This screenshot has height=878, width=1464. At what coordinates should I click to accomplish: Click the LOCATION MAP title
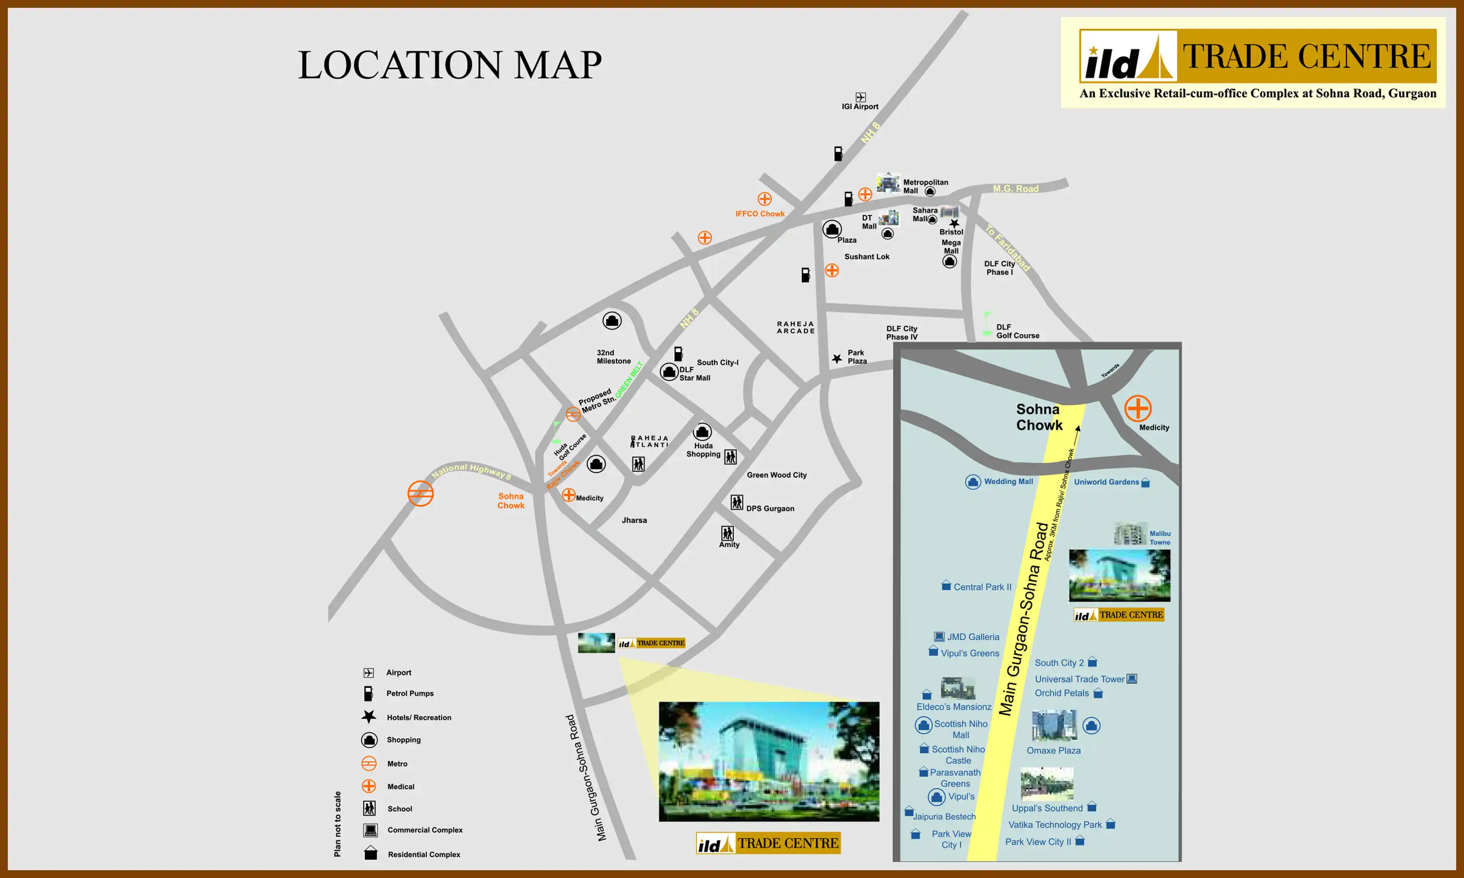pos(450,64)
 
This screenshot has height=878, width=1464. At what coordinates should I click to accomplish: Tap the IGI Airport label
pos(860,106)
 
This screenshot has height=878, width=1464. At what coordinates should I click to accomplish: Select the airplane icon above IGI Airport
pos(860,97)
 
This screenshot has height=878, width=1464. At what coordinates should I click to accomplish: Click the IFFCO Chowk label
pos(760,214)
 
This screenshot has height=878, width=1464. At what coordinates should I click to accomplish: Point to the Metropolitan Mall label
pos(925,186)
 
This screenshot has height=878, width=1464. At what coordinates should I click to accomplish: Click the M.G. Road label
pos(1016,189)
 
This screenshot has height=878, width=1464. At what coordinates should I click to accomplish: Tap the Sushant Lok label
pos(866,257)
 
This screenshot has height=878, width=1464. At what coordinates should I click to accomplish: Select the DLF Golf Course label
pos(1017,331)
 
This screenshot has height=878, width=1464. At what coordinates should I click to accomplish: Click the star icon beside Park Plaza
pos(837,359)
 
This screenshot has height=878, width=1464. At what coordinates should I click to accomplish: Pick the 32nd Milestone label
pos(613,357)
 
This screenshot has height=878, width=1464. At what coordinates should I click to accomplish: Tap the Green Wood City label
pos(776,475)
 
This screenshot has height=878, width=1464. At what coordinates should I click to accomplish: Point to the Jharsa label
pos(634,520)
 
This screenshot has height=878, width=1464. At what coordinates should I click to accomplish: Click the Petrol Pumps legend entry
pos(409,694)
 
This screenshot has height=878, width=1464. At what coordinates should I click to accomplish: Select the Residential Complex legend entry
pos(424,854)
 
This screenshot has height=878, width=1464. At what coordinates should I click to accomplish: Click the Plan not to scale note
pos(337,823)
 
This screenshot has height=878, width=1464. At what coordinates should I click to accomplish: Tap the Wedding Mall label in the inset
pos(1008,481)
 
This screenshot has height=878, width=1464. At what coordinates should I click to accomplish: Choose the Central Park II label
pos(982,587)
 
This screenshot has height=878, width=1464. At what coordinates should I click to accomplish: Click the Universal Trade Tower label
pos(1079,679)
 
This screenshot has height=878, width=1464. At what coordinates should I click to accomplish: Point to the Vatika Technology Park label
pos(1055,825)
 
